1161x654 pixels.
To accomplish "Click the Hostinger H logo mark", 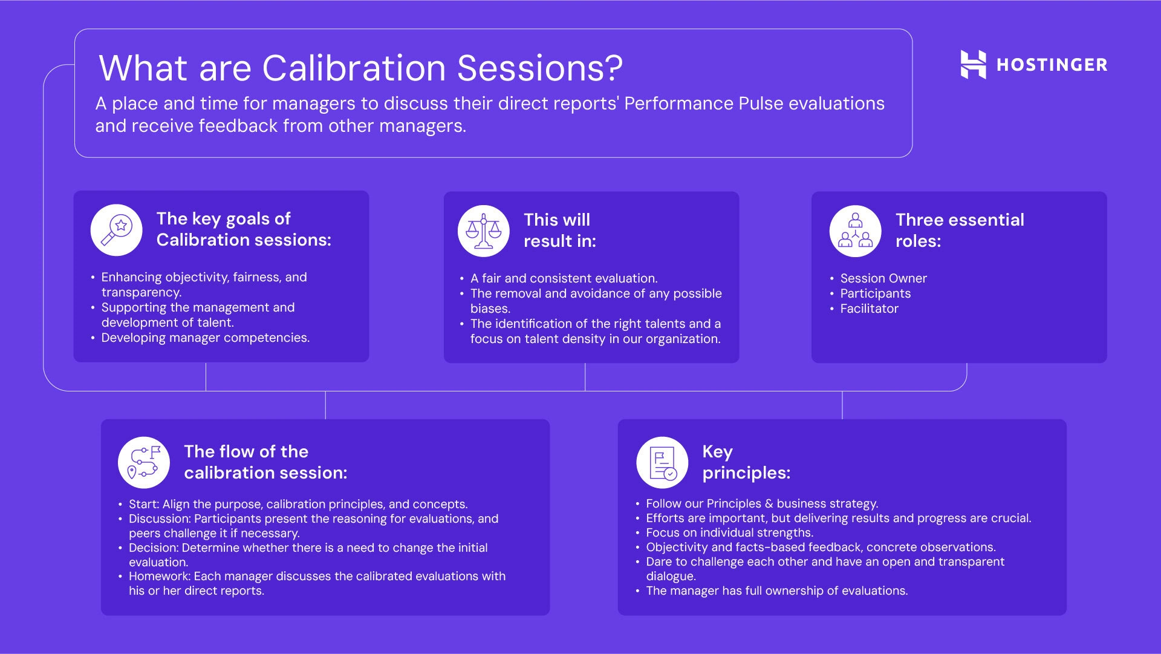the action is click(973, 65).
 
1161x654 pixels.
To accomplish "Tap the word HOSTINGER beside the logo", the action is click(1052, 65).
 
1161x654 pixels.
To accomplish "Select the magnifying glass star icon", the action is click(117, 230).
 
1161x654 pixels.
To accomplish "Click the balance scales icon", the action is click(484, 231).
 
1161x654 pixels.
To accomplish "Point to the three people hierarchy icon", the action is click(856, 231).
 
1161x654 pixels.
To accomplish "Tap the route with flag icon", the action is click(144, 462).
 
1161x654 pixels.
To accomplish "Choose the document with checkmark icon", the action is click(662, 462).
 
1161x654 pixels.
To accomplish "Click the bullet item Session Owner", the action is click(883, 278).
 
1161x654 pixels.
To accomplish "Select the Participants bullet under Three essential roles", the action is click(875, 293).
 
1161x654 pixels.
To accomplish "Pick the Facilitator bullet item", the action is click(869, 309).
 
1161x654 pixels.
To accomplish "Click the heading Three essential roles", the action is click(960, 231).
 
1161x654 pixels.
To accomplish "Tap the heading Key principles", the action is click(746, 462).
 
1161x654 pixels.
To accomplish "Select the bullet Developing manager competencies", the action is click(205, 338).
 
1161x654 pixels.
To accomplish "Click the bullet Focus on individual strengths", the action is click(729, 532).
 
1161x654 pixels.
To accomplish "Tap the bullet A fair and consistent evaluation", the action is click(564, 278).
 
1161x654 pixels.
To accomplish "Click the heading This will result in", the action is click(559, 231).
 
